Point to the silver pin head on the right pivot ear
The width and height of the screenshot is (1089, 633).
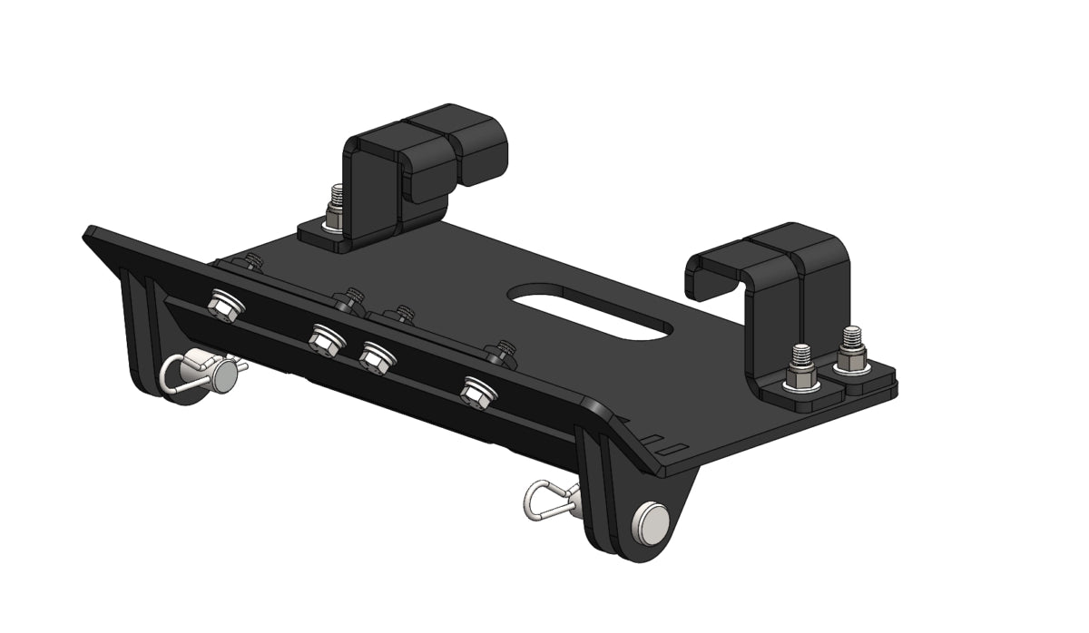[x=652, y=521]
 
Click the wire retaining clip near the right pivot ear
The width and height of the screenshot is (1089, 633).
[x=550, y=500]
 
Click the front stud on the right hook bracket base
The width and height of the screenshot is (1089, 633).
[x=800, y=365]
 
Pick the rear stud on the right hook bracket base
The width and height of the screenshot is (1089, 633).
[x=851, y=349]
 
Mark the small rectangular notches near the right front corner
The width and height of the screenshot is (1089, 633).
[x=665, y=446]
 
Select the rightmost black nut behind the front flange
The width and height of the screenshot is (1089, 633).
[x=500, y=351]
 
